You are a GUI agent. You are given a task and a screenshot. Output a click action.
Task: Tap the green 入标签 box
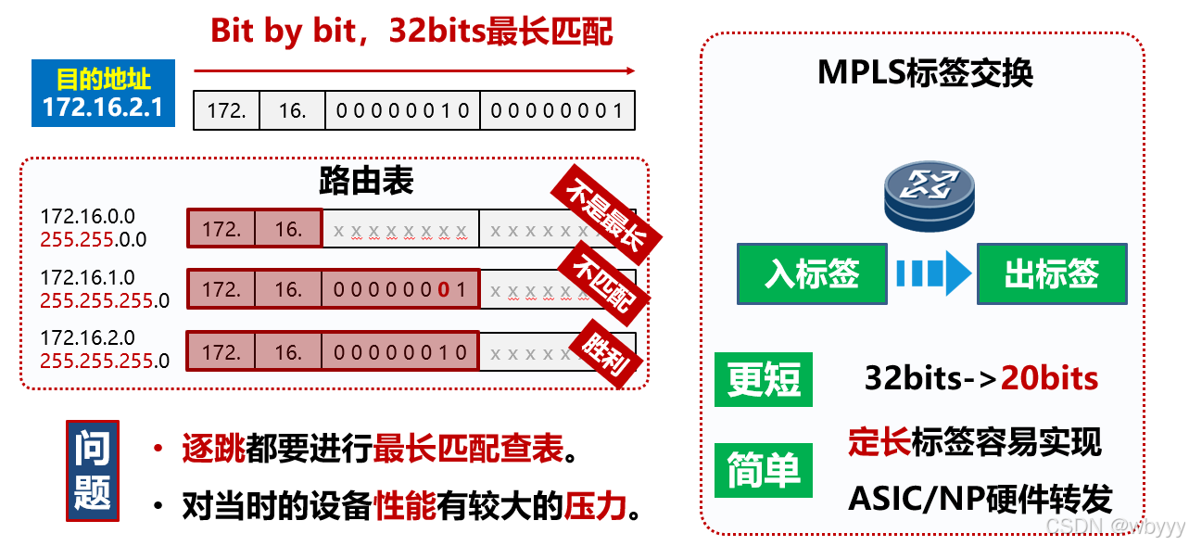(812, 273)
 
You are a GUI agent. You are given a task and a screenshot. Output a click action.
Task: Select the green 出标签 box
(1052, 273)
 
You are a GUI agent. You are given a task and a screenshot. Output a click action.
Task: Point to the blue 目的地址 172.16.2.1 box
(102, 94)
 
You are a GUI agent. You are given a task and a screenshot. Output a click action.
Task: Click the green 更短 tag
(764, 379)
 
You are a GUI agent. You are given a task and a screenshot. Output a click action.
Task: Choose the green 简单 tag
(764, 470)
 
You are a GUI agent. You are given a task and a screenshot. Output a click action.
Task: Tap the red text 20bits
(1049, 378)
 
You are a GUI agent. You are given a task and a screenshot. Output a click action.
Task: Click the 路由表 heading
(365, 181)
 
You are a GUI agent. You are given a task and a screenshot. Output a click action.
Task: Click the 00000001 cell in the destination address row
(557, 110)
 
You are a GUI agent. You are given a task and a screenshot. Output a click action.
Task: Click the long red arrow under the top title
(413, 70)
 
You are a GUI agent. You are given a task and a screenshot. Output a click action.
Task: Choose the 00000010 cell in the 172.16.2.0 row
(400, 352)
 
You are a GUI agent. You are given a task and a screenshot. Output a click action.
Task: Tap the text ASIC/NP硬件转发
(979, 499)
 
